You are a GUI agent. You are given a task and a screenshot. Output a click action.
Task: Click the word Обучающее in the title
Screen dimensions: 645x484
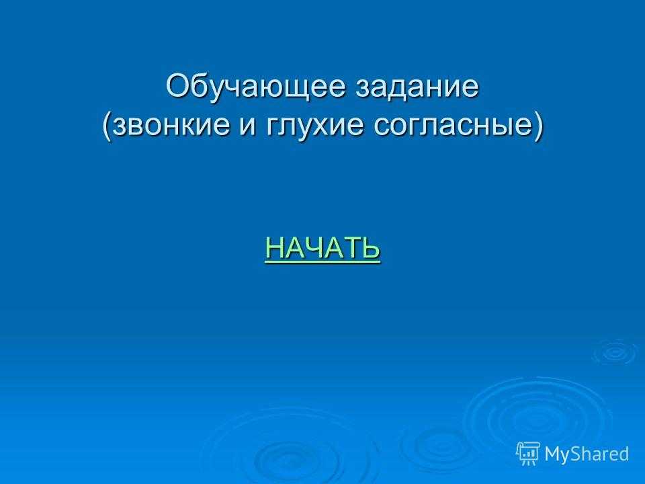[255, 87]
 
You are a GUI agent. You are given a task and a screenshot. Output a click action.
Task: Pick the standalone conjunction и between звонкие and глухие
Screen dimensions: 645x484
[248, 125]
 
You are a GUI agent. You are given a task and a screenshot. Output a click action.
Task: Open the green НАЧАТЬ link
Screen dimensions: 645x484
[322, 248]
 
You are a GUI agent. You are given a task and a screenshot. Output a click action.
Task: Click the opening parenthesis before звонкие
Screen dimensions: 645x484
[107, 126]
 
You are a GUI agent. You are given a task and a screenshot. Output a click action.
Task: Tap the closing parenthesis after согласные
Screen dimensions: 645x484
[537, 126]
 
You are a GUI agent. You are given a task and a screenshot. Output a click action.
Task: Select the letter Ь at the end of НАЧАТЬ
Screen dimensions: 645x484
[370, 247]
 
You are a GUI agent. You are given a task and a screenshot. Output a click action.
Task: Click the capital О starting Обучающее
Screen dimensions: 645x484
[177, 85]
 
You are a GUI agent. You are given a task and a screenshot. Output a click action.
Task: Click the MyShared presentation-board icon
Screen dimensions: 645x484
[528, 454]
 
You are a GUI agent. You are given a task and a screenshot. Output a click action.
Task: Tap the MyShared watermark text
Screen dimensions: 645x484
[587, 454]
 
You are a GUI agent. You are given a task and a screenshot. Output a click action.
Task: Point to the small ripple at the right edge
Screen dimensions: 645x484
[616, 352]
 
